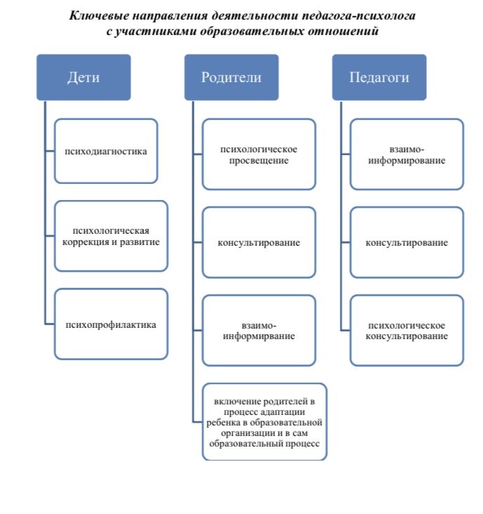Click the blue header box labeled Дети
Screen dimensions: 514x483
click(x=84, y=77)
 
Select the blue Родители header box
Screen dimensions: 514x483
click(x=231, y=77)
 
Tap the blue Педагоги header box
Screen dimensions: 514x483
click(x=379, y=77)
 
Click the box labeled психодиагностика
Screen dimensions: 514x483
click(x=106, y=151)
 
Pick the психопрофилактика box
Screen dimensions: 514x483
click(x=111, y=324)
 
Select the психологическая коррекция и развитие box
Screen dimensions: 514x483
click(x=111, y=237)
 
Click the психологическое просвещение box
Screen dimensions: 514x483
click(x=259, y=154)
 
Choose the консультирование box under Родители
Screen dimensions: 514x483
click(x=259, y=242)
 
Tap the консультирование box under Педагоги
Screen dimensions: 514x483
click(x=407, y=242)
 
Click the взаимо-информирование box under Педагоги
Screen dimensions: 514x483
click(x=407, y=154)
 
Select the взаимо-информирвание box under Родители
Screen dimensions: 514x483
click(x=259, y=331)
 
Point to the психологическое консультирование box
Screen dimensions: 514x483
click(x=407, y=331)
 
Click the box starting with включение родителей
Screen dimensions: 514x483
click(x=265, y=422)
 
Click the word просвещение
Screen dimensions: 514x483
click(x=259, y=161)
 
